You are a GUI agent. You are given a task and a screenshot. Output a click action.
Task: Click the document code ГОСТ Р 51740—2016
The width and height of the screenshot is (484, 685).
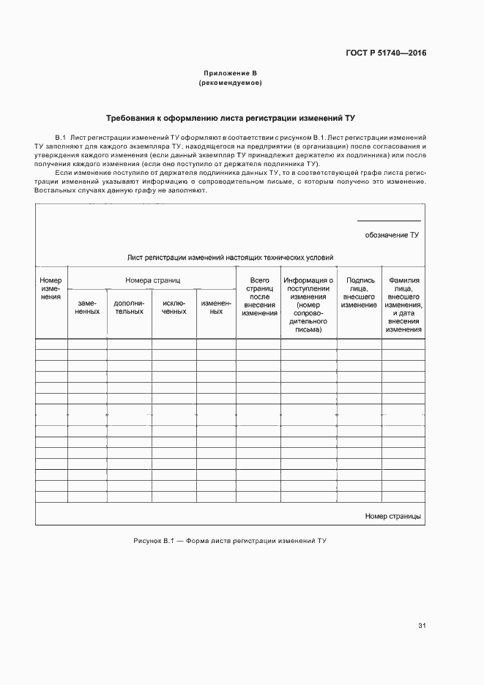pyautogui.click(x=386, y=53)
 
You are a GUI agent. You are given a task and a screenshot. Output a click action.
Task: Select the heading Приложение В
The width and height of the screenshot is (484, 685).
pyautogui.click(x=230, y=73)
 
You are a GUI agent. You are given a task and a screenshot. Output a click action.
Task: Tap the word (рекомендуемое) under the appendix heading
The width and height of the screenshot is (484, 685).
pyautogui.click(x=230, y=83)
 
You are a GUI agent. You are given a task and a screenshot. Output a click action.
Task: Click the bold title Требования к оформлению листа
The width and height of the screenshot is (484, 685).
pyautogui.click(x=230, y=118)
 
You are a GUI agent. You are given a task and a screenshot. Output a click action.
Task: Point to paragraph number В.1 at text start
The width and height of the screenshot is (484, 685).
pyautogui.click(x=61, y=138)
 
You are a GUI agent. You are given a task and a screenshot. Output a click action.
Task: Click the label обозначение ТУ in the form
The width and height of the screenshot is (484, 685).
pyautogui.click(x=392, y=235)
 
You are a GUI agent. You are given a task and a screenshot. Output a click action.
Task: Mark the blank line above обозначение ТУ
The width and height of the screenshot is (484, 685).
pyautogui.click(x=389, y=221)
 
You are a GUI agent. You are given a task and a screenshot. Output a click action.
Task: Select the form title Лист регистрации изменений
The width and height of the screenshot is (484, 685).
pyautogui.click(x=230, y=258)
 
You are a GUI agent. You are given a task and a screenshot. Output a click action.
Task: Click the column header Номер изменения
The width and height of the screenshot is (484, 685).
pyautogui.click(x=51, y=288)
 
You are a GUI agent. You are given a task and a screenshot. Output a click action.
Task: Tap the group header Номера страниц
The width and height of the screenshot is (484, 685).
pyautogui.click(x=152, y=280)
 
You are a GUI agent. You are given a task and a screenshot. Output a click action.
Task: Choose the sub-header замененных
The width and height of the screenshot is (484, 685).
pyautogui.click(x=87, y=307)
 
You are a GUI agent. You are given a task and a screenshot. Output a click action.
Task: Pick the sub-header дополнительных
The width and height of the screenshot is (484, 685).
pyautogui.click(x=129, y=307)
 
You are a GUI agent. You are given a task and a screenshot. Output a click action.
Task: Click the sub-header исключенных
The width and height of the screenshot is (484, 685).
pyautogui.click(x=174, y=307)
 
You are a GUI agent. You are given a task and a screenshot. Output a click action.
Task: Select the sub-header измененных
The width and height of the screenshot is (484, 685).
pyautogui.click(x=216, y=307)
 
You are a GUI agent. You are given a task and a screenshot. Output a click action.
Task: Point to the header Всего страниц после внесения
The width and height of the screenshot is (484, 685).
pyautogui.click(x=260, y=296)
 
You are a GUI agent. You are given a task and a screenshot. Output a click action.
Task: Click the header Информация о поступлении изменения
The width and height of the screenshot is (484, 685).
pyautogui.click(x=308, y=304)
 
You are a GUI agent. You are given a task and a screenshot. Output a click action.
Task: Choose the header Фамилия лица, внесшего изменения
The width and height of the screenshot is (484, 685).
pyautogui.click(x=404, y=304)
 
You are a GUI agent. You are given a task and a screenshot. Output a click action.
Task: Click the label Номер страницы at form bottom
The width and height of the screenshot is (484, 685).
pyautogui.click(x=392, y=516)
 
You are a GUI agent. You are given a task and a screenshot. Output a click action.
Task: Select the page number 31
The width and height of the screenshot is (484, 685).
pyautogui.click(x=422, y=626)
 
